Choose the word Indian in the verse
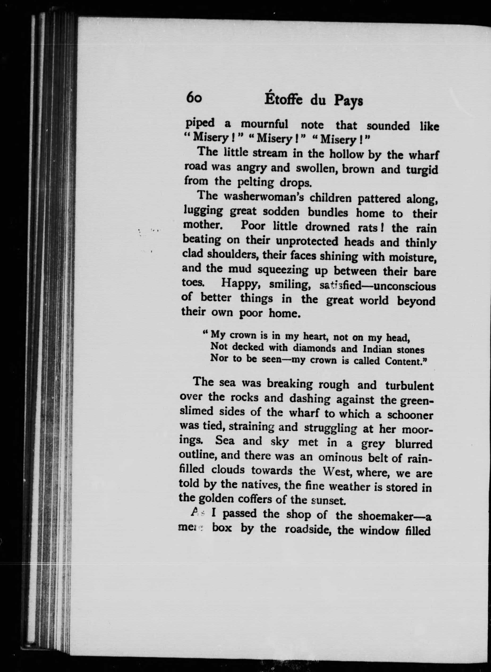coord(377,349)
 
